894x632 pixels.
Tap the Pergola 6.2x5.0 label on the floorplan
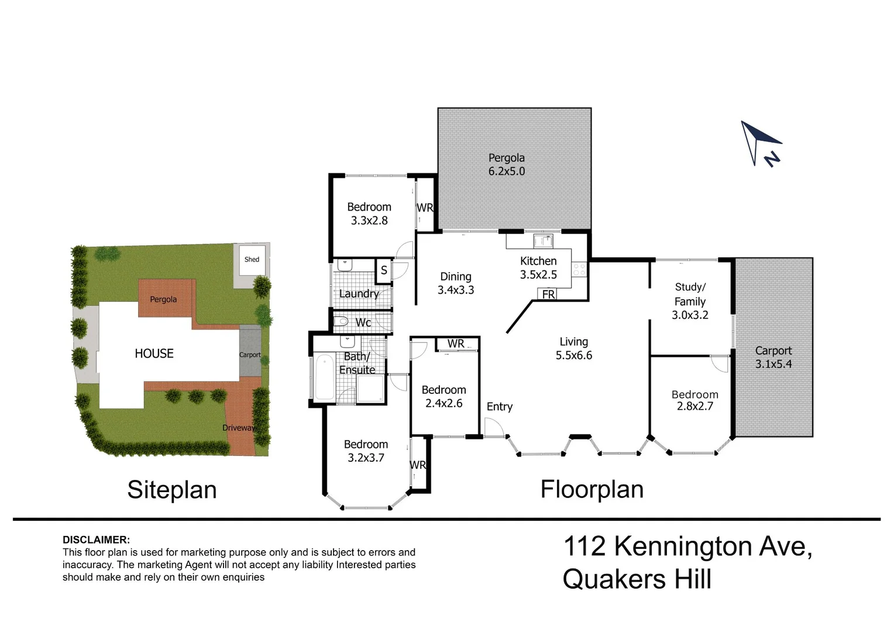[x=507, y=164]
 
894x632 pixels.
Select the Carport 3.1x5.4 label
[x=773, y=358]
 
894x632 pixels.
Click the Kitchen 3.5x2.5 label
[x=538, y=267]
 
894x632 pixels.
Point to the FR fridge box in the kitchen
[x=548, y=294]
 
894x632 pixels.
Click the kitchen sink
[x=543, y=241]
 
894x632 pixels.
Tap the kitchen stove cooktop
[x=579, y=269]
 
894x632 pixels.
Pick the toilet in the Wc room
[x=341, y=321]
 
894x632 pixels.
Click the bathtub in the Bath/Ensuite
[x=325, y=377]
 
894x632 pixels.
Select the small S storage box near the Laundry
[x=384, y=271]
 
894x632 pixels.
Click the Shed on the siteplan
[x=252, y=259]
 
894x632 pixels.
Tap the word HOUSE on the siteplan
[x=154, y=353]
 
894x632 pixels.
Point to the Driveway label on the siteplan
[x=238, y=428]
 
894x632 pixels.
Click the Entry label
[x=499, y=407]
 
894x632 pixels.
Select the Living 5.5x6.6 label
[x=574, y=348]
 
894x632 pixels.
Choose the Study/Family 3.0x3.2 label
[x=690, y=301]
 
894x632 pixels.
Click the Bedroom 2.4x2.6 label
[x=444, y=396]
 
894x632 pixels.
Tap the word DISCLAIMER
[x=96, y=540]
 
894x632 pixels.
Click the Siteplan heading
[x=172, y=490]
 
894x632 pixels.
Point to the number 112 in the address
[x=584, y=546]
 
